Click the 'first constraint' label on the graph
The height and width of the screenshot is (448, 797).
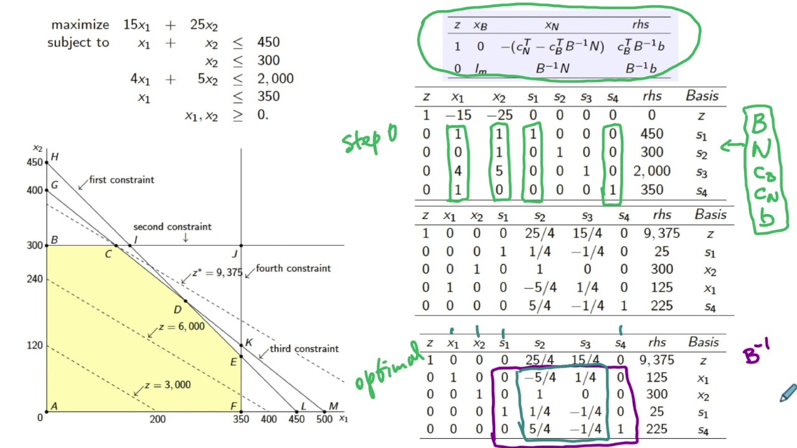[x=121, y=180]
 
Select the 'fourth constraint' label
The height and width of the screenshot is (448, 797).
[x=293, y=268]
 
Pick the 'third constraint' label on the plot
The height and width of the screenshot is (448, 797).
[x=304, y=348]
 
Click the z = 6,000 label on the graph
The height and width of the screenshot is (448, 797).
[x=181, y=327]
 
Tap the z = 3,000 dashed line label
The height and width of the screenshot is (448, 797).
[x=167, y=385]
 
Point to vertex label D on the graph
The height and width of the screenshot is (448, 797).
[x=177, y=310]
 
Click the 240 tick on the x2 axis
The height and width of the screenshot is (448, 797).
[x=34, y=279]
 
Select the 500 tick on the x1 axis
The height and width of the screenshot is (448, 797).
[x=323, y=419]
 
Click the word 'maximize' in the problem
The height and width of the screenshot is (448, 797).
[x=80, y=25]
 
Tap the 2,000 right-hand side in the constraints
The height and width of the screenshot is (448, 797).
[x=275, y=79]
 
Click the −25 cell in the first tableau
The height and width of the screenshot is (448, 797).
[x=499, y=115]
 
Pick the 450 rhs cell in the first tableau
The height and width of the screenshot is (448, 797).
[x=651, y=134]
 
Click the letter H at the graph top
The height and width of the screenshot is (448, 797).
[x=55, y=157]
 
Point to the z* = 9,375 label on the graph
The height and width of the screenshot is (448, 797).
[x=217, y=273]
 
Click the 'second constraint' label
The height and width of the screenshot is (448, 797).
[x=172, y=227]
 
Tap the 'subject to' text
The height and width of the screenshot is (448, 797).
[x=78, y=43]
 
